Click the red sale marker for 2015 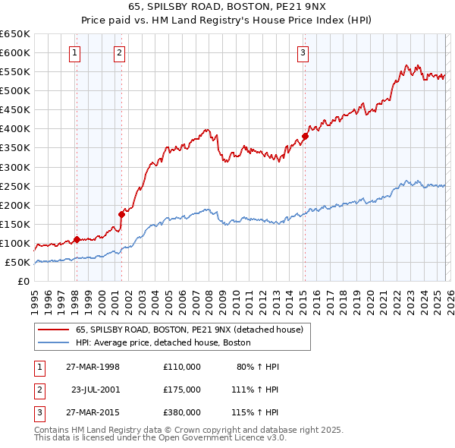pos(305,137)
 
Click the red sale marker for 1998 pos(77,239)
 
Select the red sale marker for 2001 pos(121,215)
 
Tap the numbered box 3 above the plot pos(303,53)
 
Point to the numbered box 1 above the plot pos(76,53)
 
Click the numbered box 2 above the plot pos(120,53)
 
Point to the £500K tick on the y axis pos(14,91)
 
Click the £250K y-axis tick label pos(14,186)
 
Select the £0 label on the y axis pos(24,282)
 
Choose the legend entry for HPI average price pos(163,342)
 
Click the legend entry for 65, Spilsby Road pos(189,330)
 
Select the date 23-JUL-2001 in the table pos(96,389)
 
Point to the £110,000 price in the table pos(181,367)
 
